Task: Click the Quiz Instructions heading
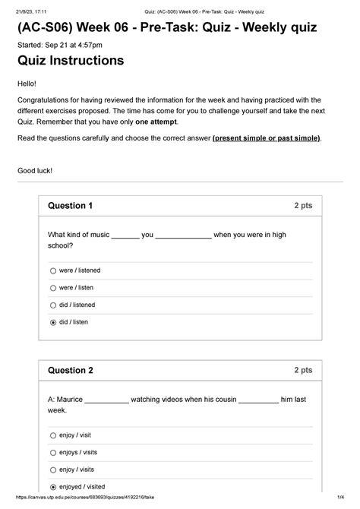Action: tap(71, 61)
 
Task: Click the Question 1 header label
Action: tap(70, 206)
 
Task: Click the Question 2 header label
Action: tap(70, 371)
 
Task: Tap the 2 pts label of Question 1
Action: tap(302, 206)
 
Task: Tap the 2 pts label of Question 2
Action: tap(302, 371)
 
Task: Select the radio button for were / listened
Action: tap(53, 270)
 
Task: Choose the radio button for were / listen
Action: tap(53, 288)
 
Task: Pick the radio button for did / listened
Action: tap(53, 305)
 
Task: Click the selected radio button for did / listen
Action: tap(53, 322)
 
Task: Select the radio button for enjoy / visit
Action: tap(53, 435)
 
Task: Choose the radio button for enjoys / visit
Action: tap(53, 453)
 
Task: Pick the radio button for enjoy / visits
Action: tap(53, 469)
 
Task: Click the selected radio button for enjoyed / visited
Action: tap(53, 487)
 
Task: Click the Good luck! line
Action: tap(35, 171)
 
